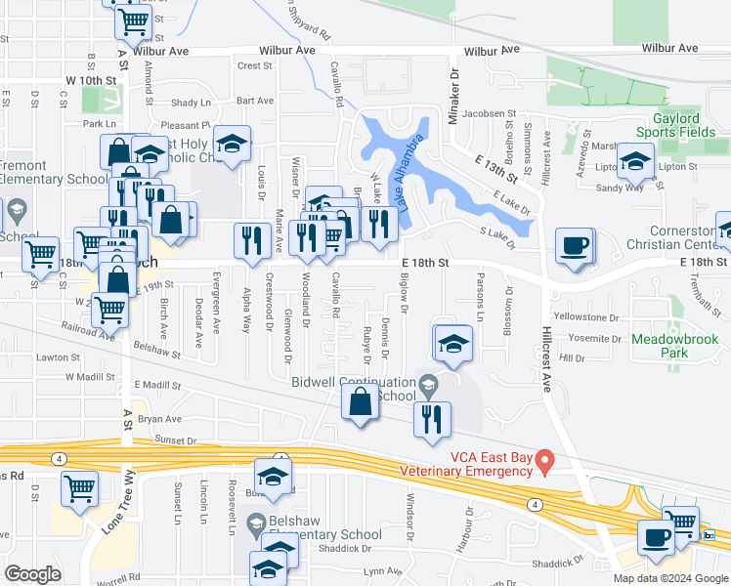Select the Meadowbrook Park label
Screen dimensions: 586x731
(x=674, y=346)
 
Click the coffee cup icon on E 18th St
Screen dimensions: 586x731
(x=575, y=246)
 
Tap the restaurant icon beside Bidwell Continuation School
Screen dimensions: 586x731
(x=431, y=420)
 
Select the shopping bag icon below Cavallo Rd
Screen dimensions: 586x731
(x=361, y=401)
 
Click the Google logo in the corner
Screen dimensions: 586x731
(x=32, y=574)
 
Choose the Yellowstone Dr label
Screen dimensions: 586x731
(x=587, y=317)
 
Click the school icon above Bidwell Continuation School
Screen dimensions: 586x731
(x=453, y=344)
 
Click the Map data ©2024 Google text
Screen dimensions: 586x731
(x=670, y=577)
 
